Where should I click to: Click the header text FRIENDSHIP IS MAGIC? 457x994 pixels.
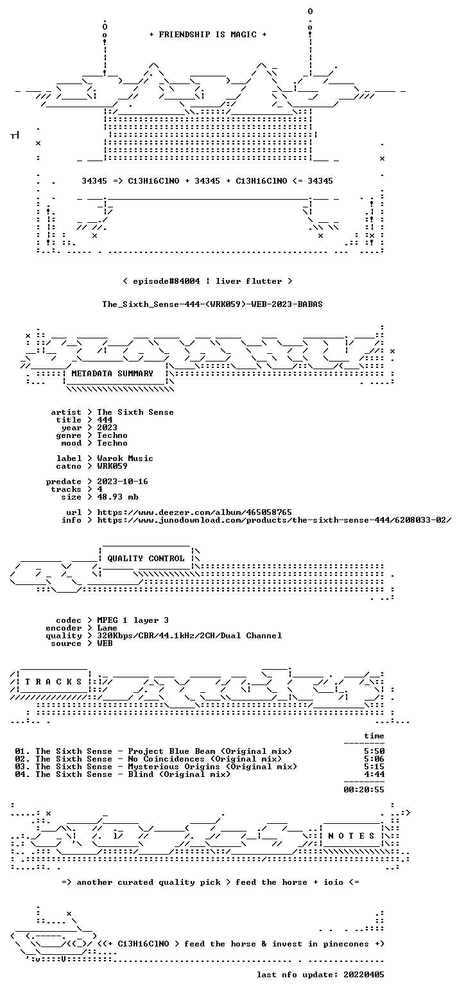point(208,35)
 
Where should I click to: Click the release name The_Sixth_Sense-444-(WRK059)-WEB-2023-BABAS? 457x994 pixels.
point(212,304)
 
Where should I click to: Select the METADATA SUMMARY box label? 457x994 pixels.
point(112,374)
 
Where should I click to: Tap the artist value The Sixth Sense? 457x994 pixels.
point(135,412)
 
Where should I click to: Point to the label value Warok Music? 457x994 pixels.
point(125,458)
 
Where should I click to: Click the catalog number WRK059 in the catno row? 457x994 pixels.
point(112,466)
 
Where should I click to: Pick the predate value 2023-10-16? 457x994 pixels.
point(123,482)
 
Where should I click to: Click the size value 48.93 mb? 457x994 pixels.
point(117,497)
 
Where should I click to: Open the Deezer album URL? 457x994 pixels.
point(194,512)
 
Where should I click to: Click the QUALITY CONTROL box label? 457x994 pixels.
point(146,559)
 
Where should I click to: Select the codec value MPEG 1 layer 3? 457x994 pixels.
point(133,620)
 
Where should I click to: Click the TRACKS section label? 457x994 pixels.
point(53,682)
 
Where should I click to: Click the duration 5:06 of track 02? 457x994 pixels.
point(374,759)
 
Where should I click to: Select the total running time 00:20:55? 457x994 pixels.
point(364,790)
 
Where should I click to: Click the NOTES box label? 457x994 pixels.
point(351,836)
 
